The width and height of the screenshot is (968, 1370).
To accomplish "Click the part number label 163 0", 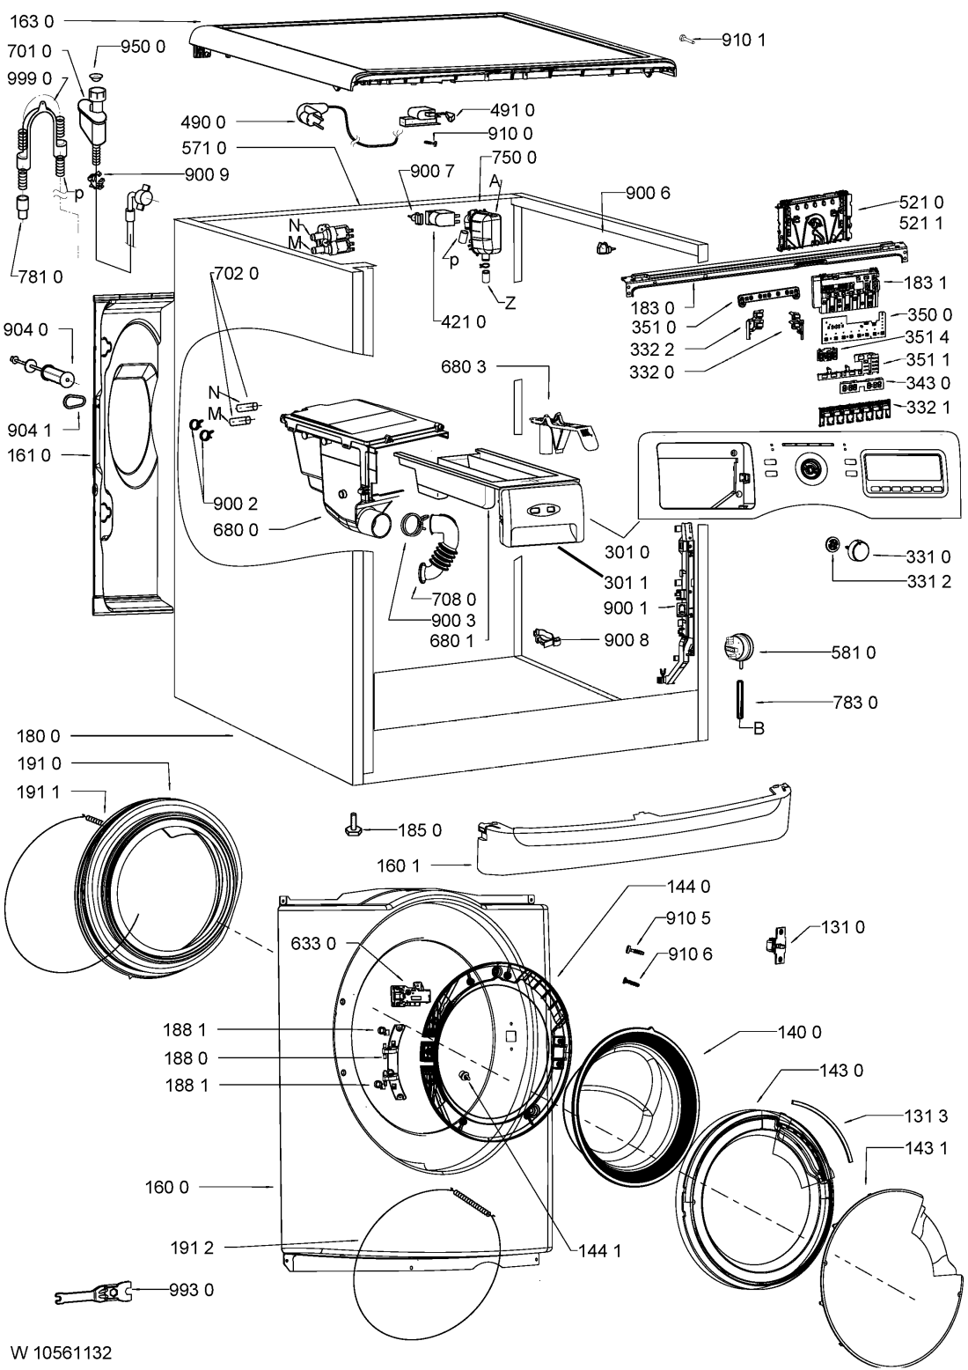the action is coord(32,21).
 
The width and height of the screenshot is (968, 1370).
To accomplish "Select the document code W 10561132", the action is coord(62,1352).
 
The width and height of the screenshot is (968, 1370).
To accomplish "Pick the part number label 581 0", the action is coord(853,653).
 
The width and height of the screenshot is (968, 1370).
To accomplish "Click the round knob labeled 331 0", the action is coord(858,549).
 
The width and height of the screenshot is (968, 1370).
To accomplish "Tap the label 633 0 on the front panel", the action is coord(313,943).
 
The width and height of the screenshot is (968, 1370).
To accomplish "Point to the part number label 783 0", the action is coord(855,702).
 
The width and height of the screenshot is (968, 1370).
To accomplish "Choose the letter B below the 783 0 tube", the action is coord(759,729).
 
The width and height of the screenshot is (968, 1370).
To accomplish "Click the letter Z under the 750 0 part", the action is coord(510,303).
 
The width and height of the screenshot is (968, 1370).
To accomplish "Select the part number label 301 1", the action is coord(626,582).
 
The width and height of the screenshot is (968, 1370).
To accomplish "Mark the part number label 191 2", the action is coord(192,1248).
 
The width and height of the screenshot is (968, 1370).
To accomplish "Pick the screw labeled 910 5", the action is coord(635,950).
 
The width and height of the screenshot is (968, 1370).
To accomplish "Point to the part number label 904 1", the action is coord(29,431).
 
